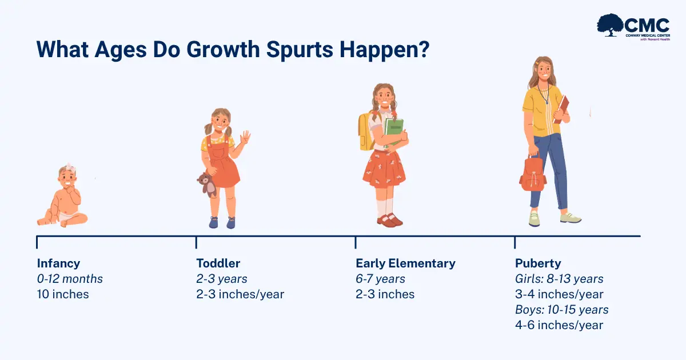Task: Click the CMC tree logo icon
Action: [610, 25]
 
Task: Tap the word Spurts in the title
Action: [300, 49]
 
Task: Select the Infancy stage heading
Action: [58, 263]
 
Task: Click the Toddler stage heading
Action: [218, 263]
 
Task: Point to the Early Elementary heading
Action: [405, 263]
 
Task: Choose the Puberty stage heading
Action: [538, 263]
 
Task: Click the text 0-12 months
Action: [70, 279]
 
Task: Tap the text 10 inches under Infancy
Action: [63, 294]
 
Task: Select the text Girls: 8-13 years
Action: [559, 279]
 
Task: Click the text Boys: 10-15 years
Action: [561, 310]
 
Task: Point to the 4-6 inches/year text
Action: [559, 325]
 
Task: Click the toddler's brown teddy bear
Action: [208, 185]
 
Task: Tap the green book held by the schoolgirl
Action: [393, 131]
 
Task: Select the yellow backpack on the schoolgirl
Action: [366, 131]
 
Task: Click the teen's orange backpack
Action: [533, 173]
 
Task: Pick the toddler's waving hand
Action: [245, 137]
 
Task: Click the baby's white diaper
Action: [68, 216]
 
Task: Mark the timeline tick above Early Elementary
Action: [356, 242]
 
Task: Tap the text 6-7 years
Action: [380, 279]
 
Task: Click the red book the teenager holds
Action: [561, 109]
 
